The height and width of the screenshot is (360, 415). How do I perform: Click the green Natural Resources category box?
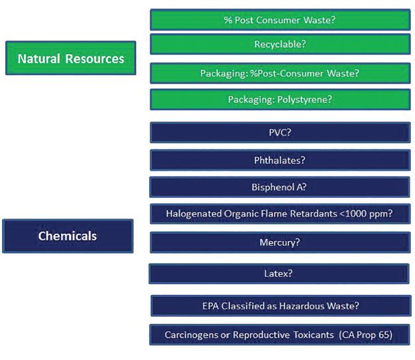(70, 58)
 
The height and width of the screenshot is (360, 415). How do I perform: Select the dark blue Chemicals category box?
(68, 236)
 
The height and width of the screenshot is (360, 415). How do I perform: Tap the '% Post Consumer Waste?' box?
(280, 20)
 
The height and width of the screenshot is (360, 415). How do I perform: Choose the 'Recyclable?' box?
(280, 44)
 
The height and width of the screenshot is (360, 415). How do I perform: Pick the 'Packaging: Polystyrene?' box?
(280, 100)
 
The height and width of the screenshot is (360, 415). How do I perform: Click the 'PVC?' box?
(280, 132)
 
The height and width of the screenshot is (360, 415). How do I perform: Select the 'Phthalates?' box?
(280, 160)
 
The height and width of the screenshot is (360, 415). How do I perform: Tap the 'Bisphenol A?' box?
(280, 187)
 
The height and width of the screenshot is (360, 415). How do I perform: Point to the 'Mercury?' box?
(280, 242)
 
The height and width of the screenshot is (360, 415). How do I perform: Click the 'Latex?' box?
(279, 274)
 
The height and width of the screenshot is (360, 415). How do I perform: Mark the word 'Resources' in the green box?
(95, 58)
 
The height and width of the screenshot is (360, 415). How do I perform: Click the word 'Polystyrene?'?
(305, 100)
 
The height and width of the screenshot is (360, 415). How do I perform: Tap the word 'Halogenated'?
(194, 214)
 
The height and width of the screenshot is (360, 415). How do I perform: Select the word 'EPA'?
(210, 306)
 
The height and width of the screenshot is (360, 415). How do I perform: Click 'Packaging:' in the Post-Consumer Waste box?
(224, 74)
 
